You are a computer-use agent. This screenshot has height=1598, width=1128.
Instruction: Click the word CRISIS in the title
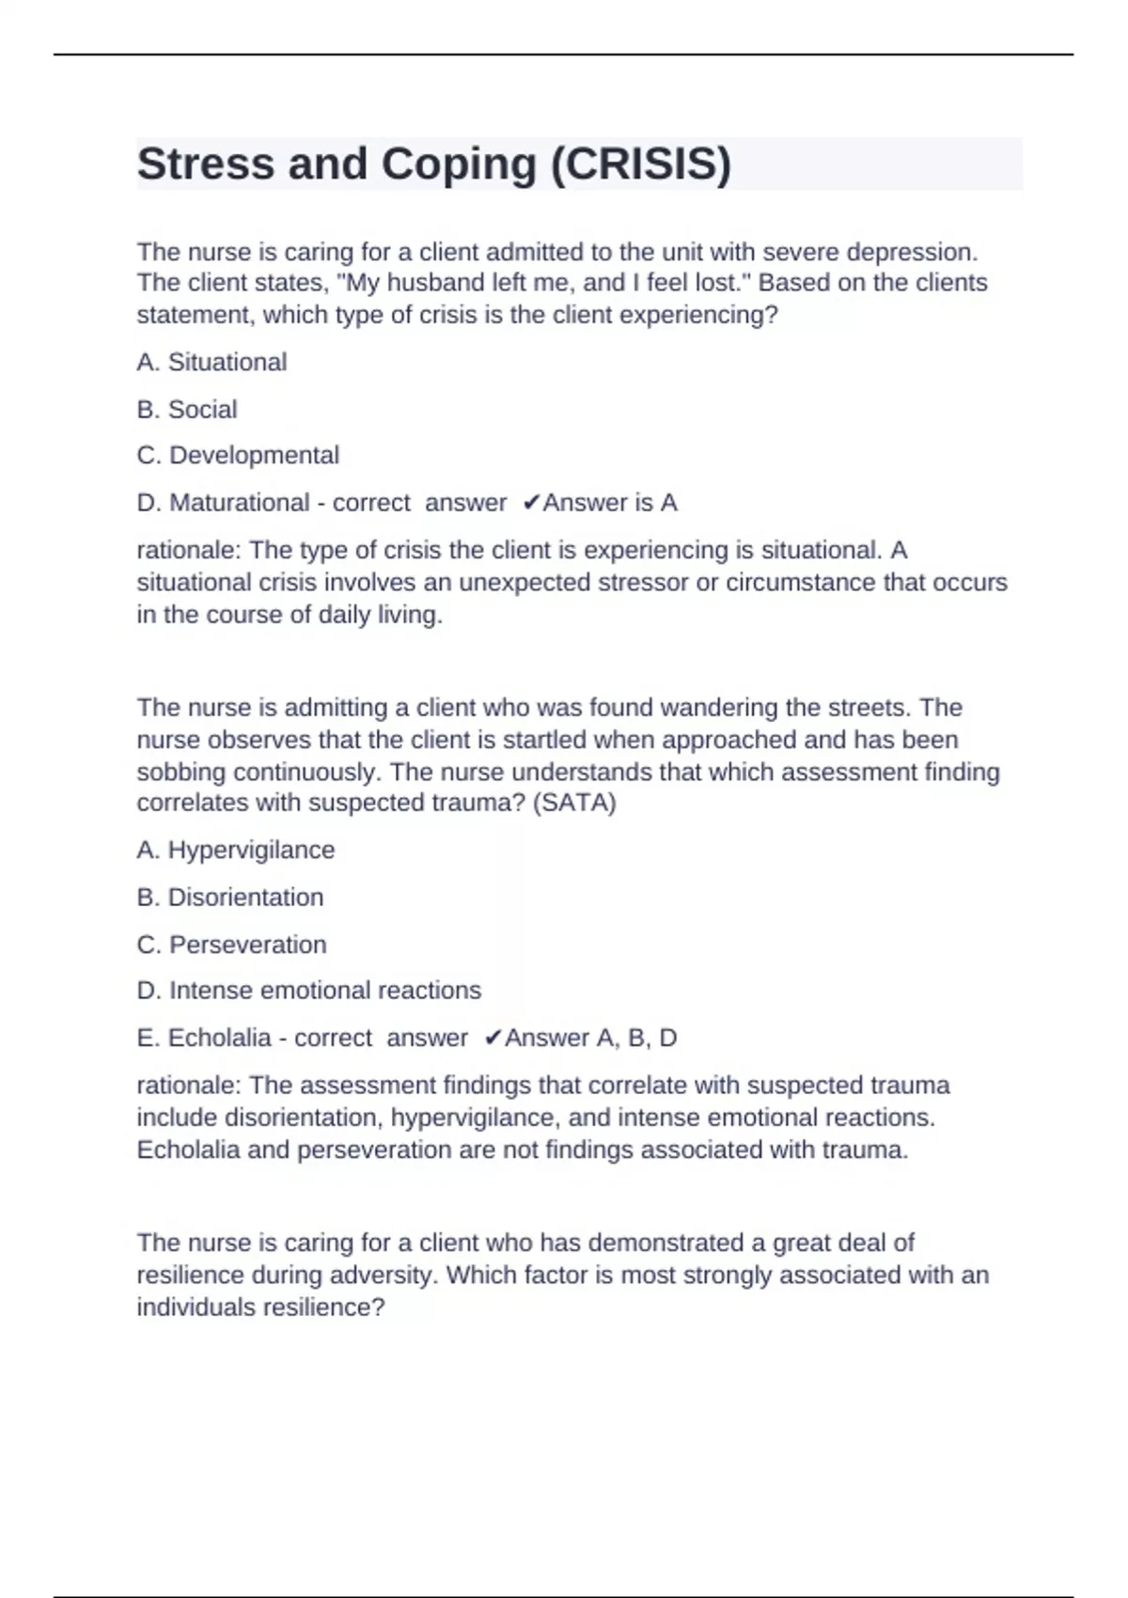point(640,164)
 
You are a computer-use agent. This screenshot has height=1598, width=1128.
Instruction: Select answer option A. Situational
point(211,362)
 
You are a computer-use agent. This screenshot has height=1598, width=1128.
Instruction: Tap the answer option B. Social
point(187,409)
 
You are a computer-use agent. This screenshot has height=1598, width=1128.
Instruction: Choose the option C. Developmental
point(238,455)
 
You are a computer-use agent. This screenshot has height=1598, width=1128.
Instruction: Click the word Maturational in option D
point(239,503)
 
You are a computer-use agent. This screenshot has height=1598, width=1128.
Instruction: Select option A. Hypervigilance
point(236,850)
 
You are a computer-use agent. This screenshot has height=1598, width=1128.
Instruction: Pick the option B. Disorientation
point(230,897)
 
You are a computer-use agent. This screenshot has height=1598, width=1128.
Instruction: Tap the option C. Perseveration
point(231,944)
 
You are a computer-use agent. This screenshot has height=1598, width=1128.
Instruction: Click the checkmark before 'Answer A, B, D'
point(493,1038)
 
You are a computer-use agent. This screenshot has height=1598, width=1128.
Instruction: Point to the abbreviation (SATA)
point(573,803)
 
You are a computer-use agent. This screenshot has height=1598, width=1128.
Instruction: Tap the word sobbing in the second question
point(181,772)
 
